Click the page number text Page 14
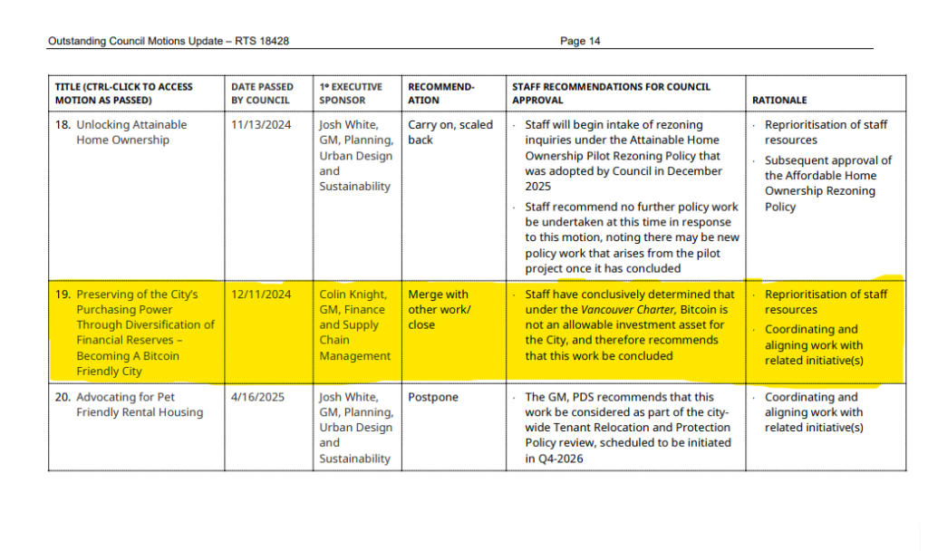tap(580, 41)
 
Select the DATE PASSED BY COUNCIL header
tap(262, 93)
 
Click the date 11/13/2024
tap(261, 125)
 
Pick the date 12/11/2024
tap(261, 295)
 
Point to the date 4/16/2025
tap(257, 397)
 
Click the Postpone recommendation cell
tap(433, 397)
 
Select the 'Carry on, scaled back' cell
tap(449, 132)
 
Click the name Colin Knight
tap(353, 295)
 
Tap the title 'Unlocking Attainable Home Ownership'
tap(130, 132)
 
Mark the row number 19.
tap(63, 295)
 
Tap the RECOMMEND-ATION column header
tap(440, 93)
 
